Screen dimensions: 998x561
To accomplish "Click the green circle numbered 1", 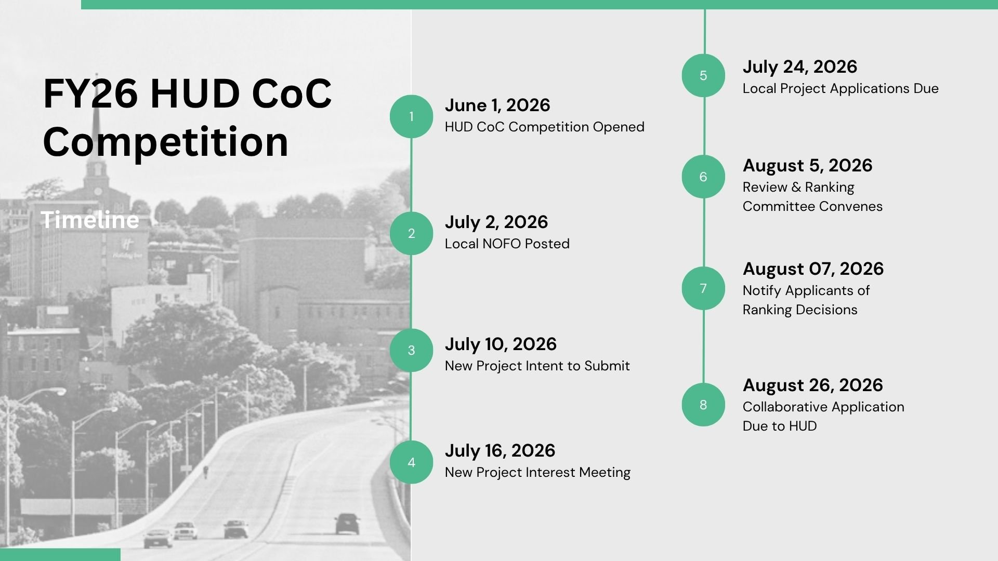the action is coord(411,116).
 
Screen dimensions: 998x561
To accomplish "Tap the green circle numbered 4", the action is coord(411,462).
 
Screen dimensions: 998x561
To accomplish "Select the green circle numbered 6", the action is coord(703,177).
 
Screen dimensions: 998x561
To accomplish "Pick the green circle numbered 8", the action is coord(703,405).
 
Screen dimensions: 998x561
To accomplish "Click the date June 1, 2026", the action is coord(497,105).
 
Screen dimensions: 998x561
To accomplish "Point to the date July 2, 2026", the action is coord(496,222).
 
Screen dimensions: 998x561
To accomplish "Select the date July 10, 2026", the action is coord(501,344).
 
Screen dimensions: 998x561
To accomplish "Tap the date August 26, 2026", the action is coord(813,385).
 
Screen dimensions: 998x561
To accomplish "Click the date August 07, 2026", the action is coord(813,269).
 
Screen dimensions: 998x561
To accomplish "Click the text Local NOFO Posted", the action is coord(507,244).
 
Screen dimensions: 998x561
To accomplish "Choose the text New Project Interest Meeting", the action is coord(537,473).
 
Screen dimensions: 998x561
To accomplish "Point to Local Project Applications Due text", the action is coord(841,89).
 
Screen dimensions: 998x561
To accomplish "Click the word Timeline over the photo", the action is coord(90,220).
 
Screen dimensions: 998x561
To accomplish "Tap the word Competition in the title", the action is coord(166,141).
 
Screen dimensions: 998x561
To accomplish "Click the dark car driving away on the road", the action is coord(347,524).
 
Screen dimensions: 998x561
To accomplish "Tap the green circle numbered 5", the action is coord(703,75).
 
